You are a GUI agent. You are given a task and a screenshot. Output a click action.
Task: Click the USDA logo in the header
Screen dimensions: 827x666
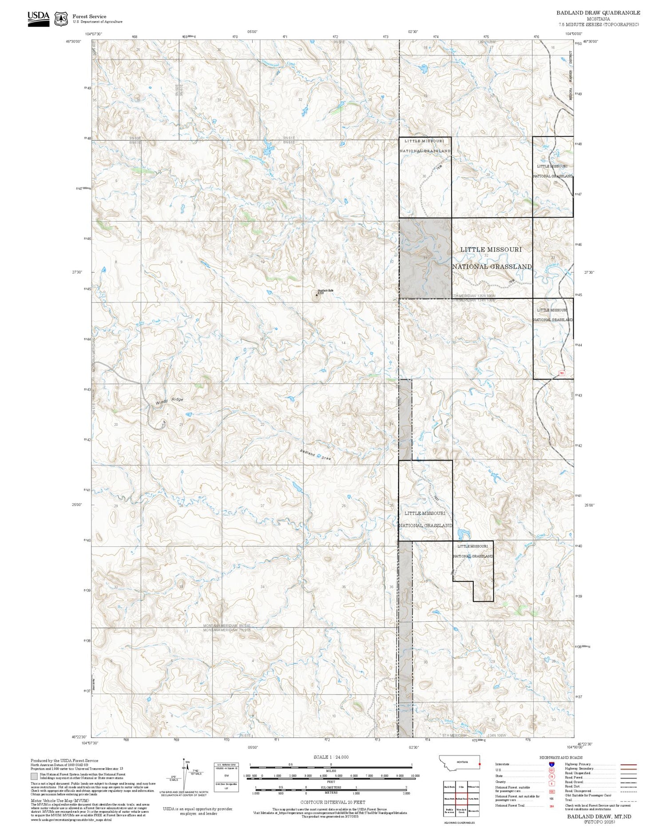(39, 19)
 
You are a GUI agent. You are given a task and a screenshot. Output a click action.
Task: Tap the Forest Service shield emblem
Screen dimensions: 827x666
(61, 19)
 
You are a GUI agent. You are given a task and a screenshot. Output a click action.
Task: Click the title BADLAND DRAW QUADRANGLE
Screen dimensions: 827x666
(598, 13)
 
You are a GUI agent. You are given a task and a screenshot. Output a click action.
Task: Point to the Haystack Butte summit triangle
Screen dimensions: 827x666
(317, 294)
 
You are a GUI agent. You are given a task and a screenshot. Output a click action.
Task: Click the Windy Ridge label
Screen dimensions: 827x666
(169, 401)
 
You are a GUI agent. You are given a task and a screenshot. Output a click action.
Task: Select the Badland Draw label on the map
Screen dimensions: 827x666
(316, 455)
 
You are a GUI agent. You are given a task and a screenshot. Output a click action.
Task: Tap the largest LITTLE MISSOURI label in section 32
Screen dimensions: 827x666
(491, 250)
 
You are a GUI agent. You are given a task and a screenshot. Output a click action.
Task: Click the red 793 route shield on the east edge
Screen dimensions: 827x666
(562, 373)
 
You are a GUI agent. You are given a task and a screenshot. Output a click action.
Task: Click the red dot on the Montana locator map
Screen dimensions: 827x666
(480, 764)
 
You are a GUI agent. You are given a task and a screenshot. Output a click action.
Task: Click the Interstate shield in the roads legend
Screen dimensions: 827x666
(551, 764)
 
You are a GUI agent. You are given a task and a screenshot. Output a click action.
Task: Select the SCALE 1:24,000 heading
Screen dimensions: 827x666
(331, 757)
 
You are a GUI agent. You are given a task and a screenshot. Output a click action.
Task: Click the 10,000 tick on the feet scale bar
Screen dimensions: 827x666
(415, 776)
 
